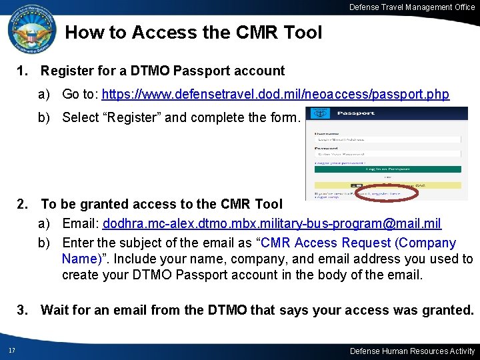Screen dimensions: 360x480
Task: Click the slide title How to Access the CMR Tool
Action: coord(193,32)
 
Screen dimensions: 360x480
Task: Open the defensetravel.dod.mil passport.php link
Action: coord(275,95)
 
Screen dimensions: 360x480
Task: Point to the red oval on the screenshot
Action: coord(387,193)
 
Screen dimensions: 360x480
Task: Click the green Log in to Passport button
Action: coord(387,169)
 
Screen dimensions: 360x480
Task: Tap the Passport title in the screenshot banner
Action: coord(356,113)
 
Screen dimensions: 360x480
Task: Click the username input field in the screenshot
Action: coord(387,139)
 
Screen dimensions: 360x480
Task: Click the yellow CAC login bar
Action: coord(387,185)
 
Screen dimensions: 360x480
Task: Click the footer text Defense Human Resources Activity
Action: coord(413,351)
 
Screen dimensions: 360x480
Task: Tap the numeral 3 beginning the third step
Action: coord(22,310)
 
